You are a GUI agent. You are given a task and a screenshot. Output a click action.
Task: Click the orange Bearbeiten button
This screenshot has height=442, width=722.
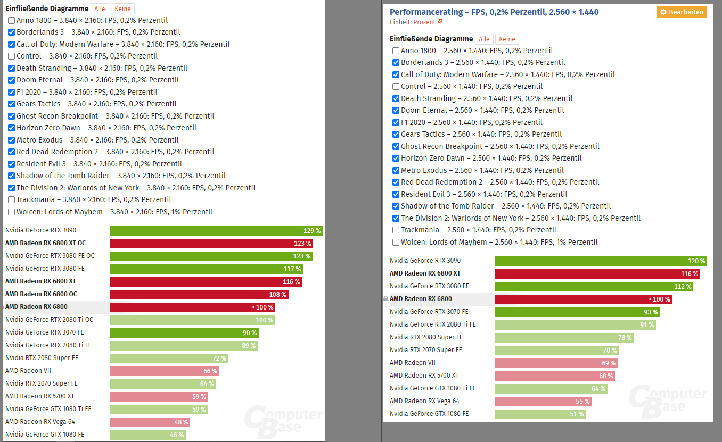click(682, 12)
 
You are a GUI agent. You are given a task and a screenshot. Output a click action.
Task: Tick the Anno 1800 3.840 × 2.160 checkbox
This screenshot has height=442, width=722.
click(12, 20)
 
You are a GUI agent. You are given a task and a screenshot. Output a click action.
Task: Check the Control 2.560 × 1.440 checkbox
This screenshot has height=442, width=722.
click(396, 86)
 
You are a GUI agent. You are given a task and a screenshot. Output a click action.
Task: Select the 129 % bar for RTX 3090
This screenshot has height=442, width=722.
click(216, 231)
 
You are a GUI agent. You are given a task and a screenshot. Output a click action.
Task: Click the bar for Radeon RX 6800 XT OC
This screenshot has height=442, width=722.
click(211, 244)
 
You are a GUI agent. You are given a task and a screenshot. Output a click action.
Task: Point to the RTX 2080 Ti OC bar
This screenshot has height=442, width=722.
click(193, 320)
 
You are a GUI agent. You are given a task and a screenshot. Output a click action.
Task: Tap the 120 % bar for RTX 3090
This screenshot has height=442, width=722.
click(601, 261)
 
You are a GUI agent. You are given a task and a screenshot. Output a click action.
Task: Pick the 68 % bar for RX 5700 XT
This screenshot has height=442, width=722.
click(554, 376)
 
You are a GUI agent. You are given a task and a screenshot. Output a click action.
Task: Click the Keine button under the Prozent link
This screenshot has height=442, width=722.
click(507, 39)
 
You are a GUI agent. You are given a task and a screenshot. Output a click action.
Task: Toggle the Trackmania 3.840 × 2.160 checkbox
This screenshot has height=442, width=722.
click(12, 200)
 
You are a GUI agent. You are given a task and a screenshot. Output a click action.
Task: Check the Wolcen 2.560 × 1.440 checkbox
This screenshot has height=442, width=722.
click(396, 243)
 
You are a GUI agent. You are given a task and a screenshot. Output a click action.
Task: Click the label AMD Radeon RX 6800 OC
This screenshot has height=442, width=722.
click(41, 294)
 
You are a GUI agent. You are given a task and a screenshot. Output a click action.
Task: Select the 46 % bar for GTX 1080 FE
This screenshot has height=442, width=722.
click(148, 435)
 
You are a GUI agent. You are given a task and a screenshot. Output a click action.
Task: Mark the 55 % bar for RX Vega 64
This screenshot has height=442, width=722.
click(543, 401)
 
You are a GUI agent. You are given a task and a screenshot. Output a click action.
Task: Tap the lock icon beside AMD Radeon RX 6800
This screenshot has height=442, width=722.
click(386, 299)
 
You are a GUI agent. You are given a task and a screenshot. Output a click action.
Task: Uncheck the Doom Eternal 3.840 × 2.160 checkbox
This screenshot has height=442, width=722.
click(12, 80)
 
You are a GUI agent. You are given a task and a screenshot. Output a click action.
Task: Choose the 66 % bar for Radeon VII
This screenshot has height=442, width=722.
click(165, 371)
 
